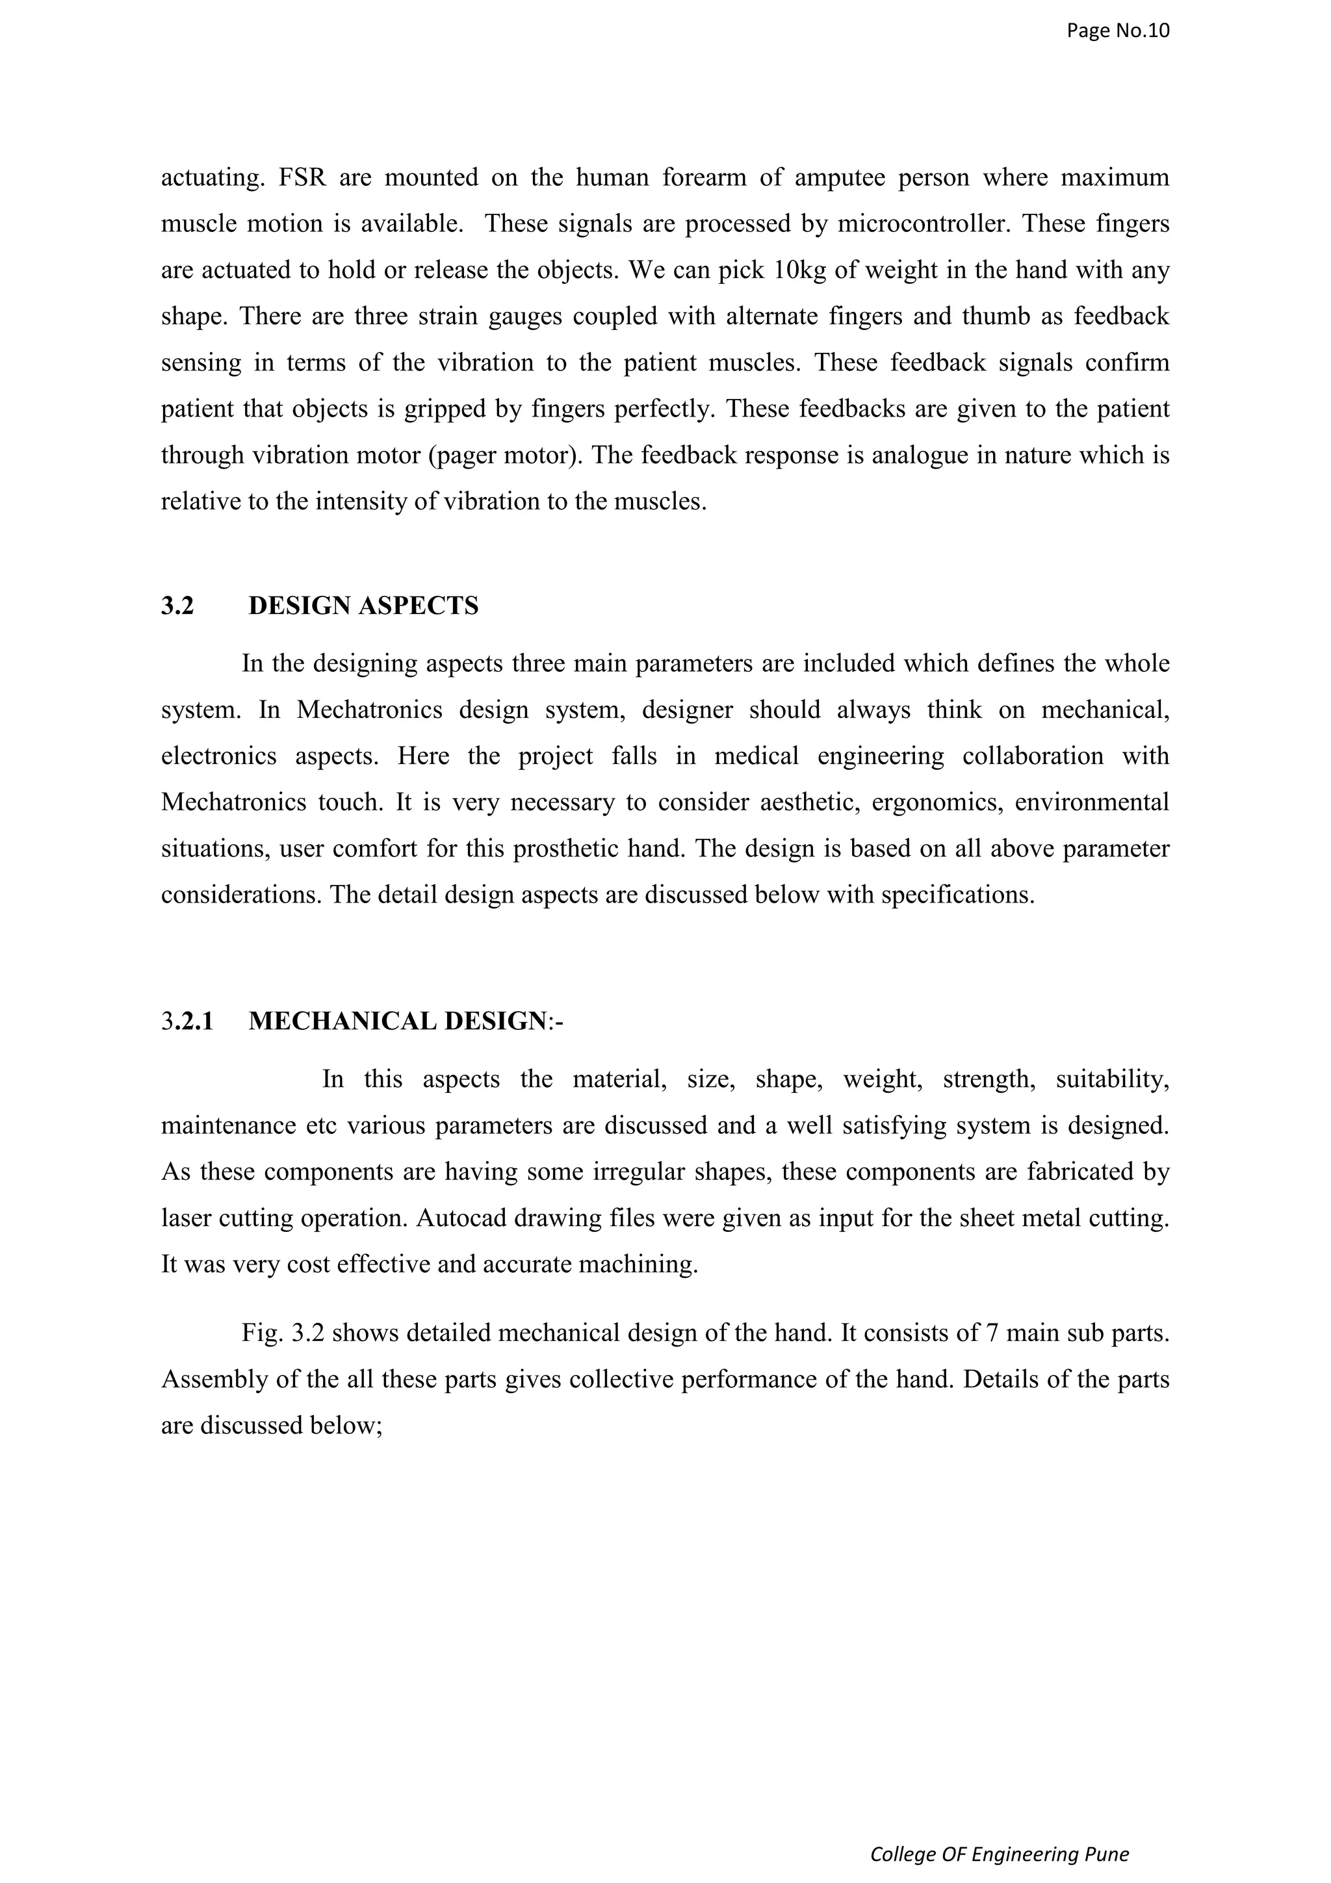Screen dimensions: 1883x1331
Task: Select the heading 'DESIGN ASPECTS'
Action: click(363, 606)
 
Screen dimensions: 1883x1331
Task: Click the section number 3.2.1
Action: click(187, 1021)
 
